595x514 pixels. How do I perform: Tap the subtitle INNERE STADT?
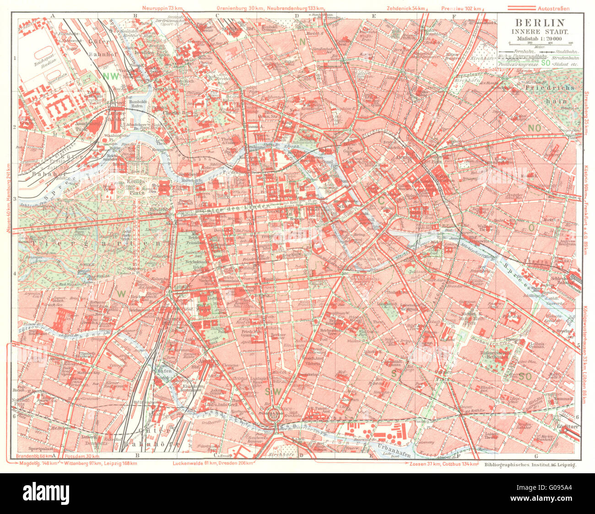click(x=540, y=31)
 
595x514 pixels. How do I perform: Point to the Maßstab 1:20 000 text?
click(x=540, y=38)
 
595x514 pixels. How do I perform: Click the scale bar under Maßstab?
click(x=540, y=44)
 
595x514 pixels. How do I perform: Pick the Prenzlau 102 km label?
click(x=461, y=8)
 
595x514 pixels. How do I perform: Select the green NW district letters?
click(x=110, y=76)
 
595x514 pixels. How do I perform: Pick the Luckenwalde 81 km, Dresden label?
click(x=214, y=463)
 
